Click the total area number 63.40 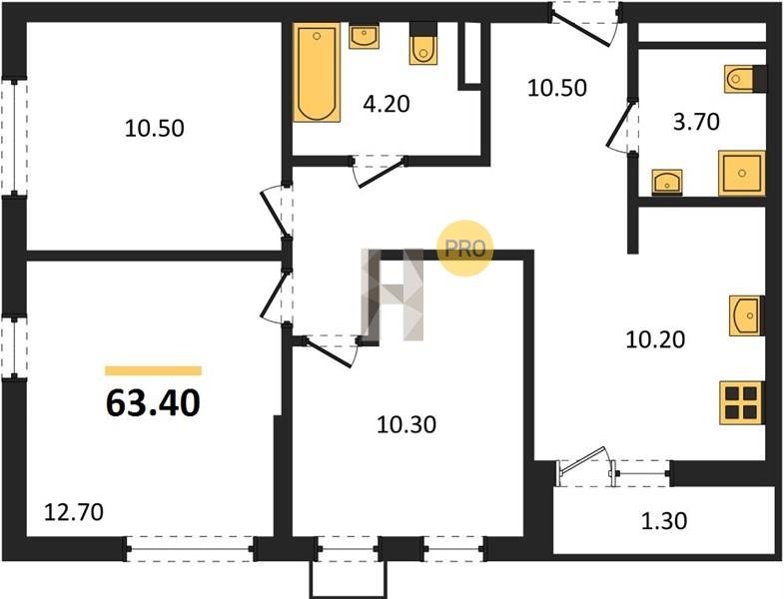click(x=153, y=403)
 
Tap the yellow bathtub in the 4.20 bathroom click(x=317, y=73)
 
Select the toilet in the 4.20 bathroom click(x=423, y=44)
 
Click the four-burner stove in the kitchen click(x=742, y=403)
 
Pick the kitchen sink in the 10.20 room click(x=746, y=315)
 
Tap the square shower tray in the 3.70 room click(x=742, y=173)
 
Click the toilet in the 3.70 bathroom click(x=745, y=79)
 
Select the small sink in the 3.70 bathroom click(x=667, y=182)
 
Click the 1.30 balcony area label click(x=664, y=521)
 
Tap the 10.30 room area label click(x=406, y=425)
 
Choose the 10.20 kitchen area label click(x=655, y=340)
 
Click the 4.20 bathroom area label click(x=387, y=104)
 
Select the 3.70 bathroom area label click(x=696, y=122)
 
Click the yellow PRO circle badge click(x=465, y=249)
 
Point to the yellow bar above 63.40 click(x=153, y=370)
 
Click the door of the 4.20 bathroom click(x=379, y=172)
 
